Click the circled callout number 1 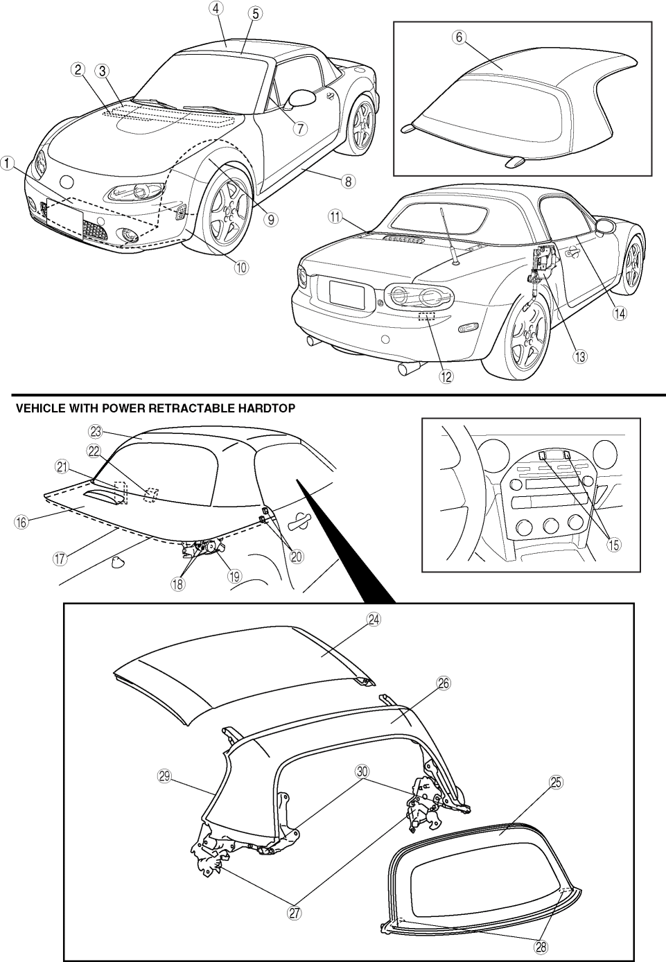tap(8, 164)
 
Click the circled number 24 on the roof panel tap(374, 621)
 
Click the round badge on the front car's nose tap(67, 182)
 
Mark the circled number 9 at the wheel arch tap(271, 219)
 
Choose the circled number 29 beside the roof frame tap(164, 777)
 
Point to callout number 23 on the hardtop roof tap(96, 430)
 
